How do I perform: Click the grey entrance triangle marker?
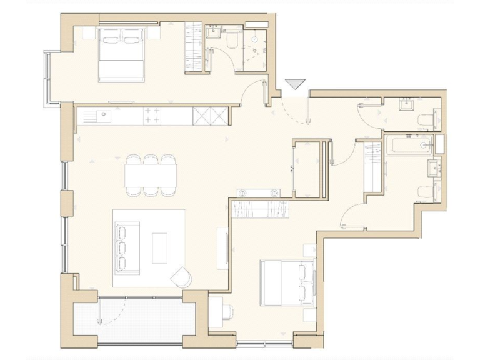pyautogui.click(x=294, y=84)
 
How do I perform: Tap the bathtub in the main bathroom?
pyautogui.click(x=410, y=145)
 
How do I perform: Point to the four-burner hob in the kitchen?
pyautogui.click(x=152, y=114)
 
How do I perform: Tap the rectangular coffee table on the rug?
pyautogui.click(x=160, y=247)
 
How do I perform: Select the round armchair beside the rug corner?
pyautogui.click(x=181, y=276)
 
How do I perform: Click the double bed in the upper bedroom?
pyautogui.click(x=122, y=54)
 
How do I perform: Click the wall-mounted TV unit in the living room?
pyautogui.click(x=222, y=248)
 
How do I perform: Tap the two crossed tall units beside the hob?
pyautogui.click(x=211, y=114)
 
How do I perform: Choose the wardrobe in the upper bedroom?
pyautogui.click(x=194, y=47)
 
